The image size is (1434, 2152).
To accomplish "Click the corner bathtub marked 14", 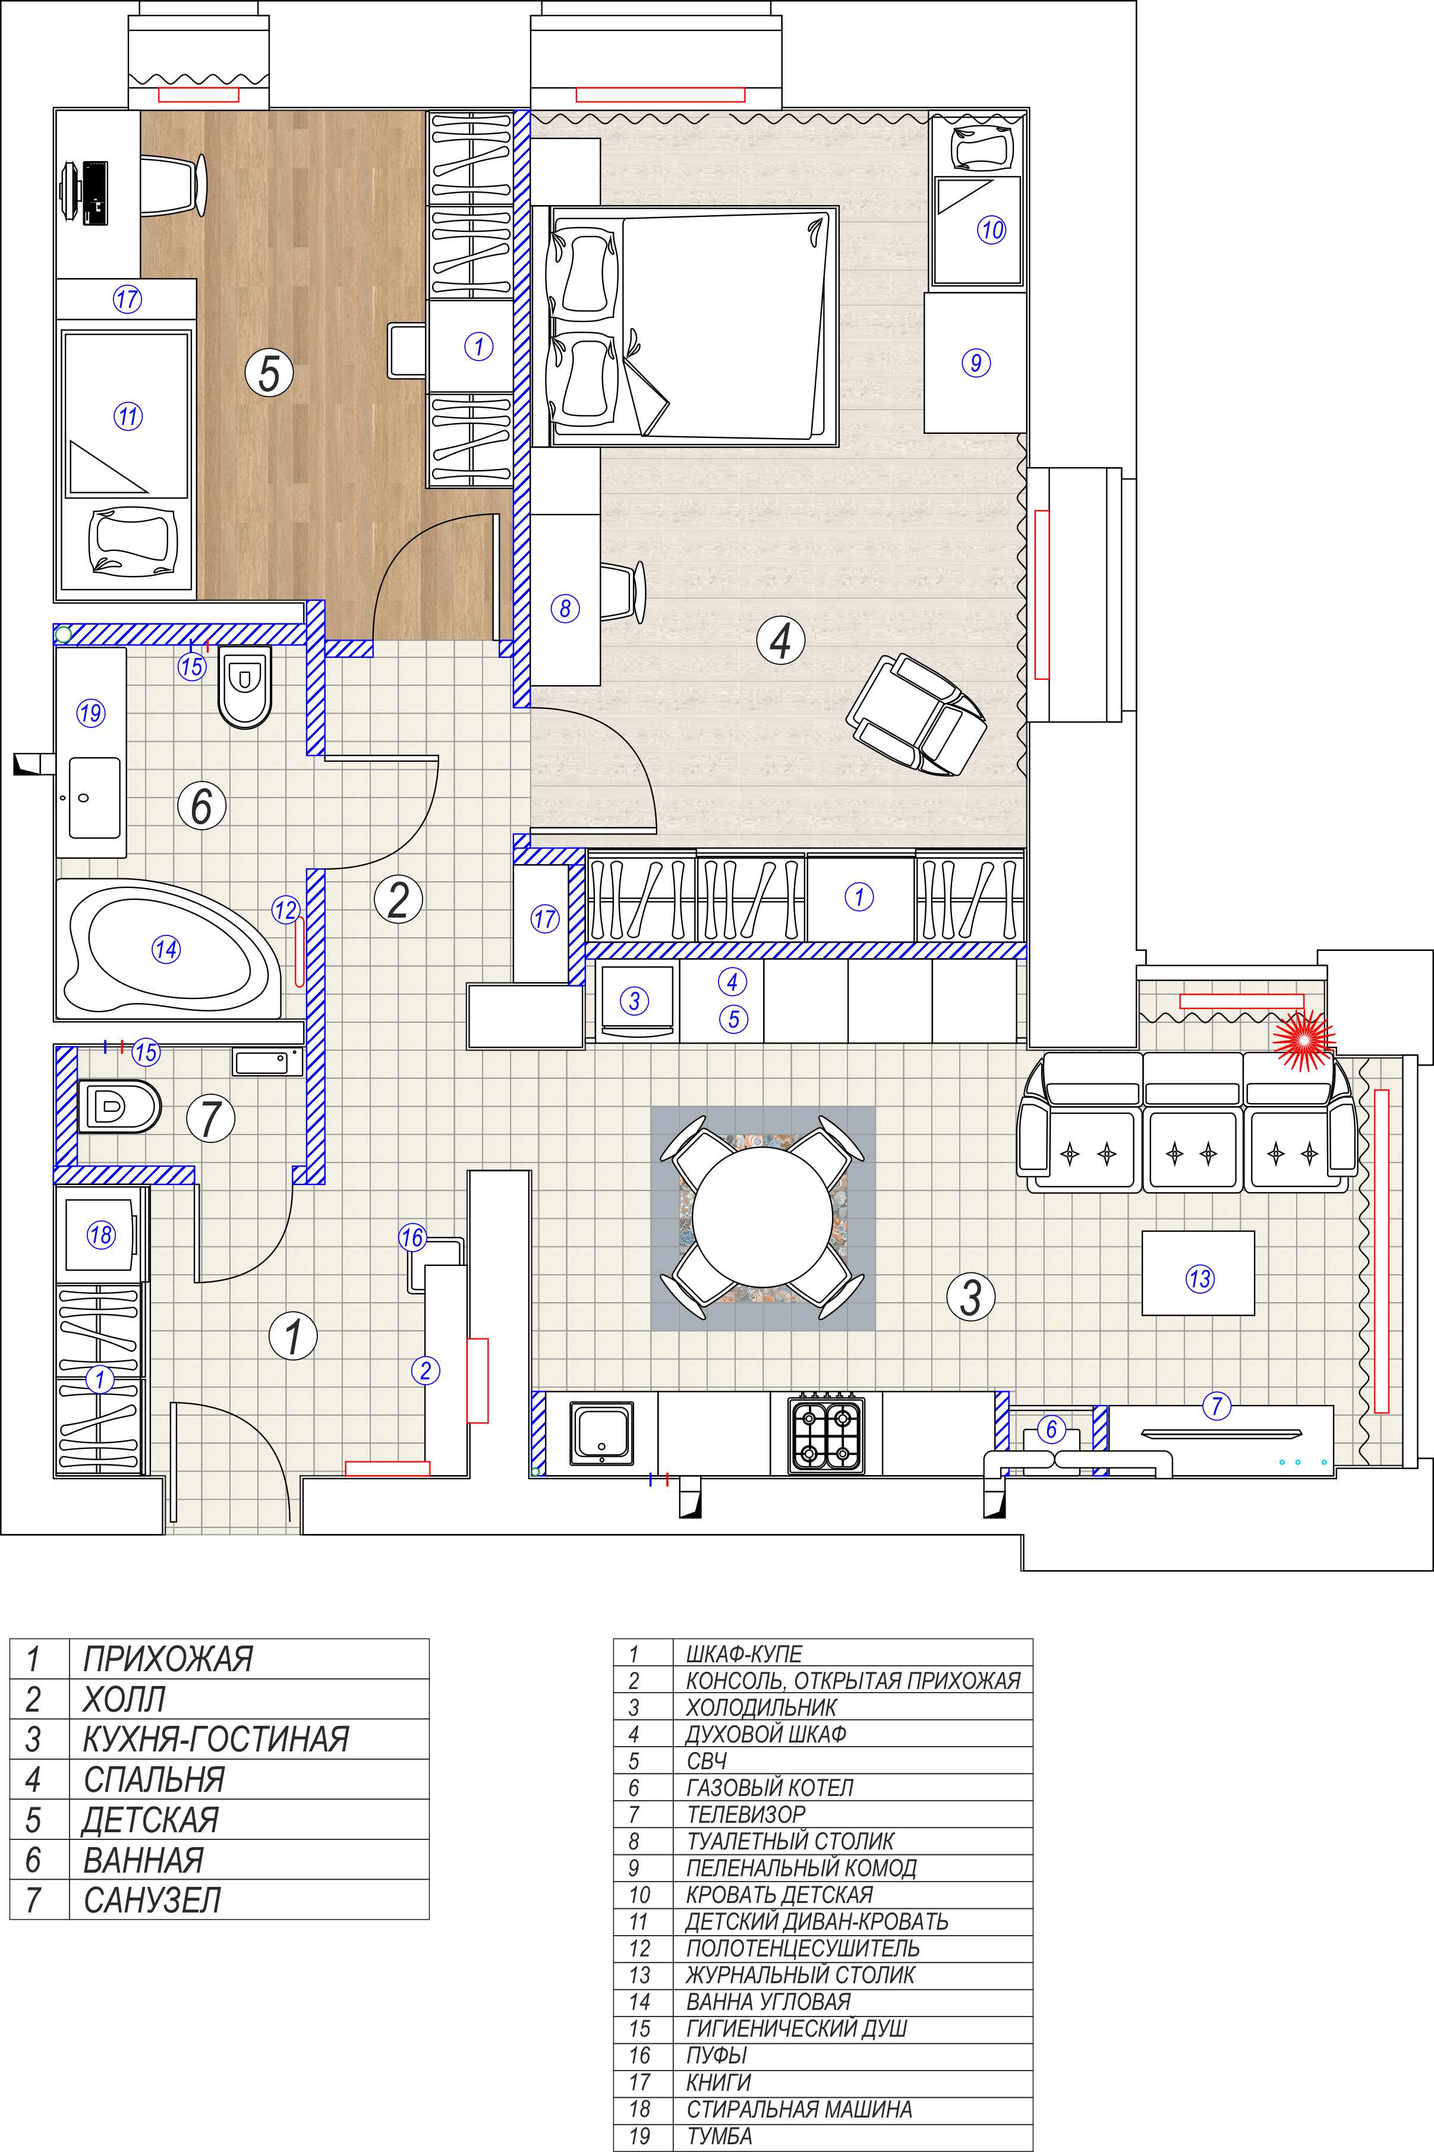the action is pyautogui.click(x=168, y=949).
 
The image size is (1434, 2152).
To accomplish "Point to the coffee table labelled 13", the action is pyautogui.click(x=1198, y=1273).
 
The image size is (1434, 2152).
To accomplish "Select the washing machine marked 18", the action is pyautogui.click(x=100, y=1234).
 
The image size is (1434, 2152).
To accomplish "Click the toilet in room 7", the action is pyautogui.click(x=119, y=1106).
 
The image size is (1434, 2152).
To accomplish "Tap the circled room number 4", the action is pyautogui.click(x=780, y=641).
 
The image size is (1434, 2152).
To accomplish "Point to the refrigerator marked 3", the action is pyautogui.click(x=636, y=1001).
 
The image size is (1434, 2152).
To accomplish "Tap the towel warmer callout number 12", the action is pyautogui.click(x=285, y=909).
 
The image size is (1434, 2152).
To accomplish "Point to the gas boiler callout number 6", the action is pyautogui.click(x=1051, y=1429).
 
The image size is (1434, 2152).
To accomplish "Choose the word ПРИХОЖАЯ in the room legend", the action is pyautogui.click(x=168, y=1658).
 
